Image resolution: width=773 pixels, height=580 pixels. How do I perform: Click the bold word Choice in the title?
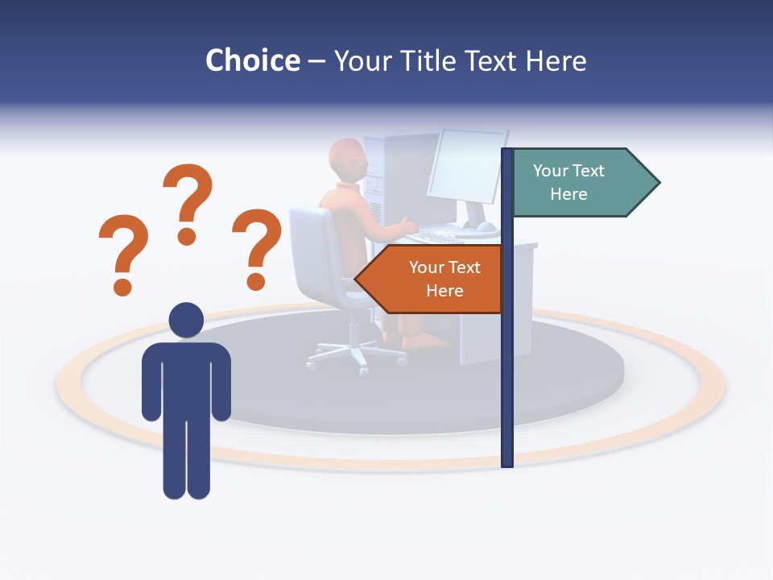click(x=252, y=60)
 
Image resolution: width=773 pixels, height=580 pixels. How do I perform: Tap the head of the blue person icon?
click(x=186, y=320)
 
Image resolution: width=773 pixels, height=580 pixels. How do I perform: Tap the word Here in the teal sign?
click(x=568, y=194)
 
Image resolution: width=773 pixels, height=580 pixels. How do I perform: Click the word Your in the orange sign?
click(x=426, y=267)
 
